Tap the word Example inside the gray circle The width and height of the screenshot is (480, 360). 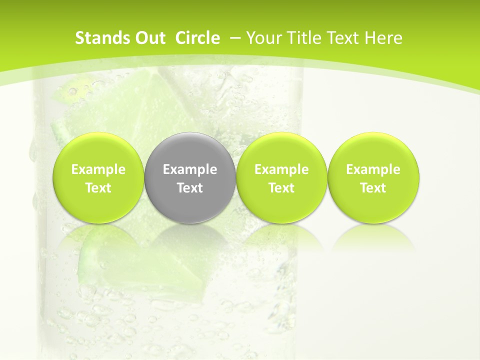(190, 169)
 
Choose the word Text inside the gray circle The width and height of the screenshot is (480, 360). (190, 188)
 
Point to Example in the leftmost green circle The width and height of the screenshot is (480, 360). (98, 169)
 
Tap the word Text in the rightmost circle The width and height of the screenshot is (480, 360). (373, 188)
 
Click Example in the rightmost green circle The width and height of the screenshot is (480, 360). (373, 169)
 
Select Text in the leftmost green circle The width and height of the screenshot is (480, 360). (98, 188)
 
